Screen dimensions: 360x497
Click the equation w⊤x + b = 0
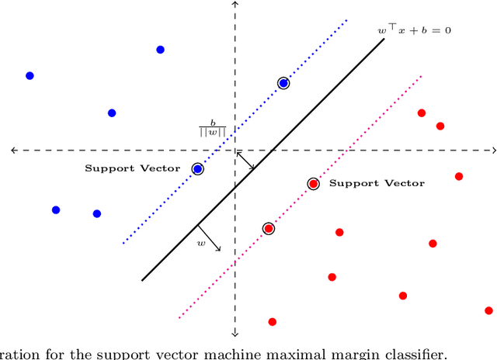[415, 31]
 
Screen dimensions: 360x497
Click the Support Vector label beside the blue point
[133, 168]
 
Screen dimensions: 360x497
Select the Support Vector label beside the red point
[377, 183]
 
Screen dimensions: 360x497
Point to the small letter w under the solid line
[200, 244]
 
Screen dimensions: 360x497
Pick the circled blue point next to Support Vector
[197, 168]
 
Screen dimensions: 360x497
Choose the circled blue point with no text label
[283, 83]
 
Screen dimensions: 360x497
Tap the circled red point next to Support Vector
[313, 184]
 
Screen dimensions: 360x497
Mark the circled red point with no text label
[269, 228]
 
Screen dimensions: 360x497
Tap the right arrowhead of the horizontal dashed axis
[493, 150]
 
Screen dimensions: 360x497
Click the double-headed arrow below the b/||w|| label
[245, 161]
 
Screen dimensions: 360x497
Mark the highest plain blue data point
[160, 50]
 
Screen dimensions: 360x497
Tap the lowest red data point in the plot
[272, 321]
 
